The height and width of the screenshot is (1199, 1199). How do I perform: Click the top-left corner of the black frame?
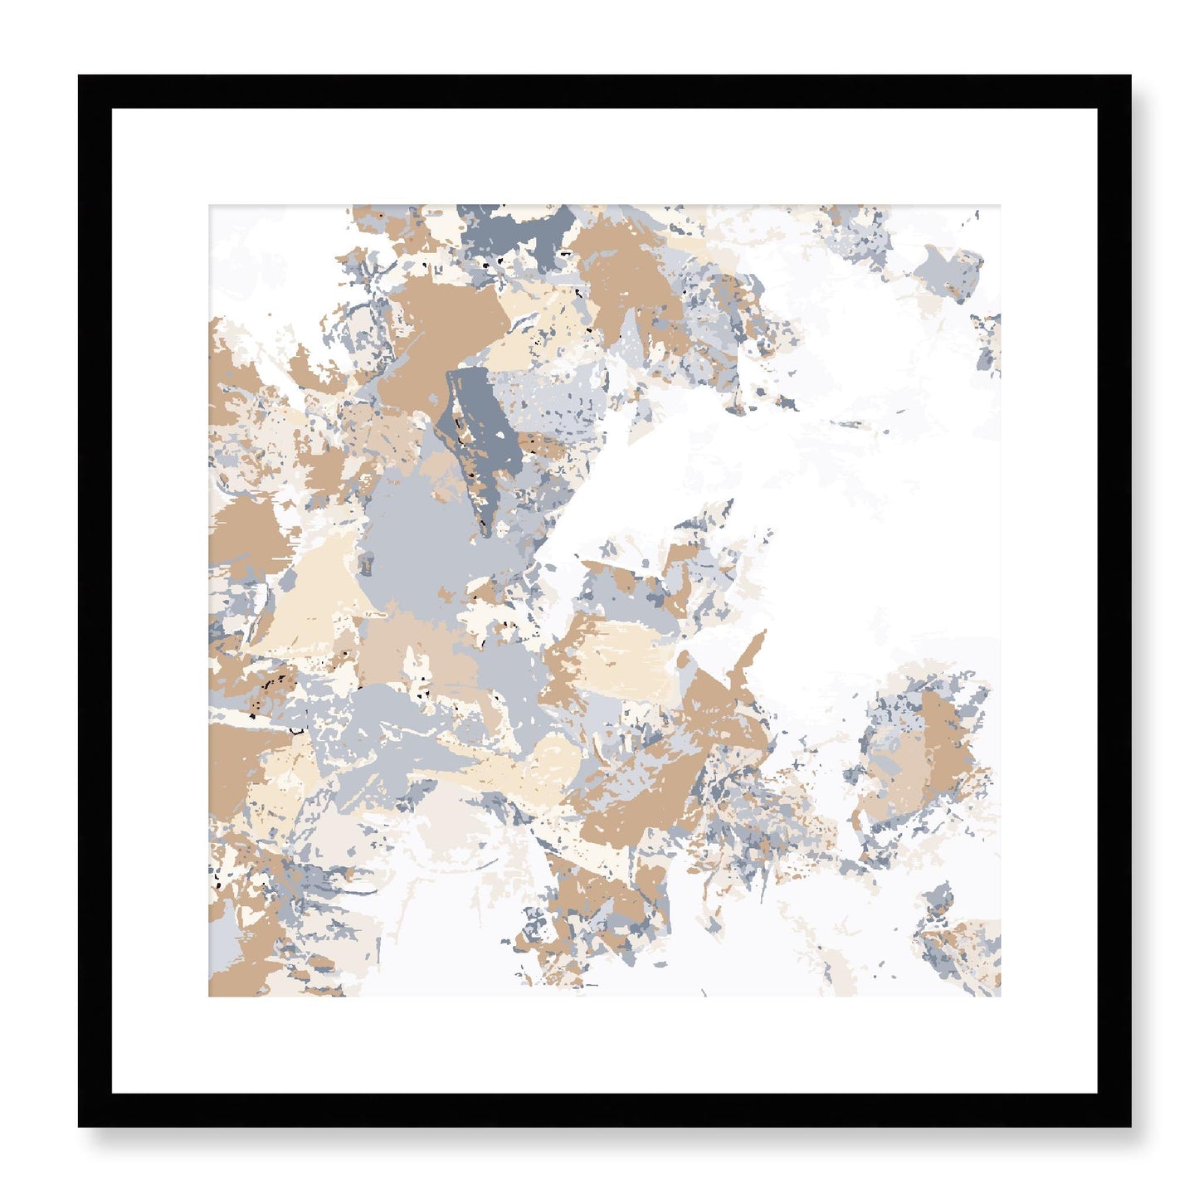[x=80, y=77]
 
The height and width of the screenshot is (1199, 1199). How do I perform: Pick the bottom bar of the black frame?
[x=604, y=1109]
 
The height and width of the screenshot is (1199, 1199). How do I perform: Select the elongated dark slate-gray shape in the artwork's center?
[x=477, y=431]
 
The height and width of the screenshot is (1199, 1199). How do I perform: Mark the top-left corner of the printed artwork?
[x=209, y=206]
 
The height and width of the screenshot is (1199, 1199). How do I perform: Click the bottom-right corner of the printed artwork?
[x=1000, y=996]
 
